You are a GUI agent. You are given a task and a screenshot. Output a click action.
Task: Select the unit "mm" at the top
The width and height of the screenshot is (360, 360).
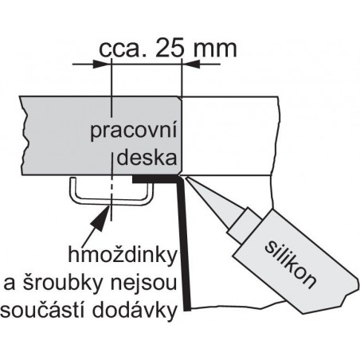pos(215,49)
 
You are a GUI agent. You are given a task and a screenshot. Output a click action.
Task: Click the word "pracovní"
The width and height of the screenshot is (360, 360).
pos(134,131)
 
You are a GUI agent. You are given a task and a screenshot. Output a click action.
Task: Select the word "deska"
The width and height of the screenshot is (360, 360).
pos(147,157)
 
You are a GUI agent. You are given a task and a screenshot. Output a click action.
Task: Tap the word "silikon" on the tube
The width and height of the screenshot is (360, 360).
pos(291,264)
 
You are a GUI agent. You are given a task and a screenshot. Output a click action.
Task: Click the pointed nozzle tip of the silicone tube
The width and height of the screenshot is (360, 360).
pos(186,178)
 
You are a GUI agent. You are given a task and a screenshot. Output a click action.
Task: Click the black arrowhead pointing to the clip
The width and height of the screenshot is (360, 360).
pos(102,218)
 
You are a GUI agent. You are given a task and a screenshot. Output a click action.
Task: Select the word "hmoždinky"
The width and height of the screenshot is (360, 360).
pos(123,254)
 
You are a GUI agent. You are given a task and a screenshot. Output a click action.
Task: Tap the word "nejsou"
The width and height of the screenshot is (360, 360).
pos(143,283)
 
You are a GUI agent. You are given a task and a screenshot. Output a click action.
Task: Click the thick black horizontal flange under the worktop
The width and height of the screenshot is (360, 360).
pos(156,179)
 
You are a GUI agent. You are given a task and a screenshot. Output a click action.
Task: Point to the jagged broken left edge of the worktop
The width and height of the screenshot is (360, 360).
pos(23,135)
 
